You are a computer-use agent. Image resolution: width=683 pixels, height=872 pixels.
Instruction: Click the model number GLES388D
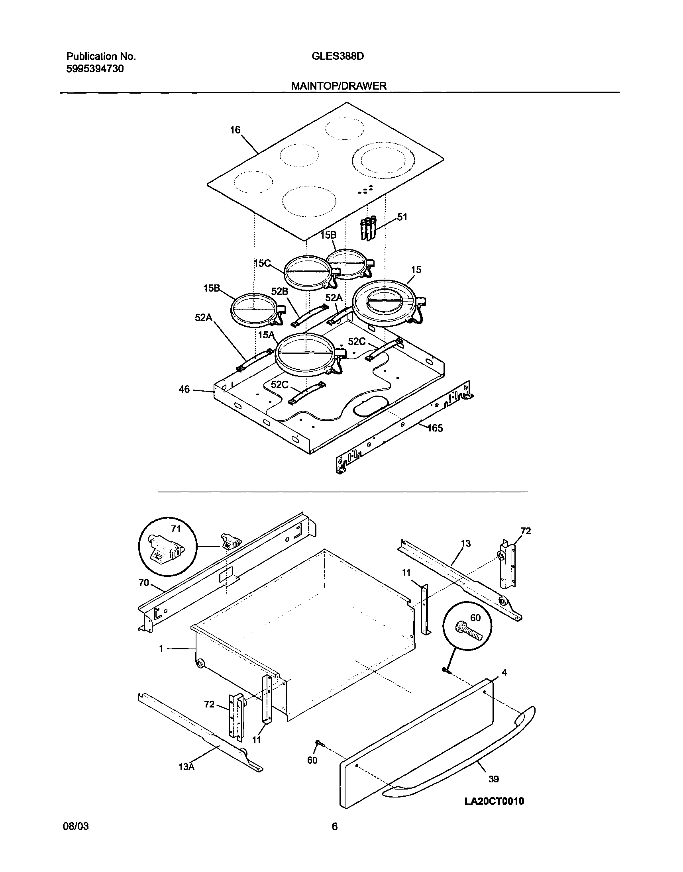pos(338,57)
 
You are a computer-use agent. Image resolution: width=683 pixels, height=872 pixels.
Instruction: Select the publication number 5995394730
pos(95,69)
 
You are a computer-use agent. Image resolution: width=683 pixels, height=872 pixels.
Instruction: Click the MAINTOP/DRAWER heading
pos(339,86)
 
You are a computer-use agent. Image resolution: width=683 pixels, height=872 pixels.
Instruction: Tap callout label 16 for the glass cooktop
pos(235,130)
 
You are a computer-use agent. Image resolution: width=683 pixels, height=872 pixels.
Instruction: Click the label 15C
pos(262,263)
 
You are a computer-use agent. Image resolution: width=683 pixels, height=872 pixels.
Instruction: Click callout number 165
pos(435,429)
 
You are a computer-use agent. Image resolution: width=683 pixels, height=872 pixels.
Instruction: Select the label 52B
pos(279,292)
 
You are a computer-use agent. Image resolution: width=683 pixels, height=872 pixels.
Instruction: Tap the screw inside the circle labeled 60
pos(468,633)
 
